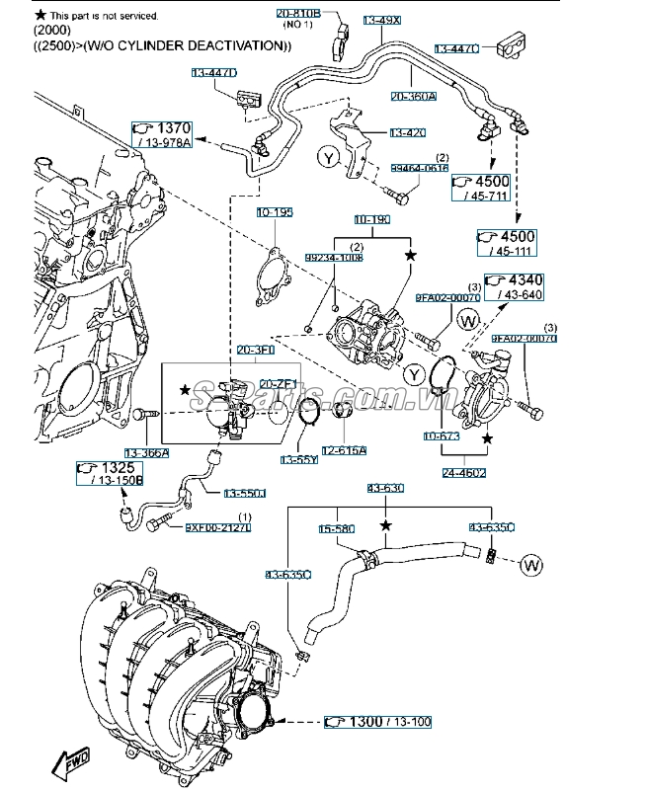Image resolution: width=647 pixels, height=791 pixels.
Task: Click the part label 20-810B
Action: pyautogui.click(x=298, y=13)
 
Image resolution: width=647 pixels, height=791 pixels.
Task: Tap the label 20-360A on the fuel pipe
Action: pyautogui.click(x=415, y=96)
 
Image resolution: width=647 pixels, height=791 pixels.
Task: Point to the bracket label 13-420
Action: pyautogui.click(x=407, y=132)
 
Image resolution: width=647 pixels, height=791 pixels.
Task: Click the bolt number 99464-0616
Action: pyautogui.click(x=419, y=169)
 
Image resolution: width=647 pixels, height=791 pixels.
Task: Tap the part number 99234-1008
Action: pyautogui.click(x=333, y=258)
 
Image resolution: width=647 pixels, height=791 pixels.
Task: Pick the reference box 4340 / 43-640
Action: pyautogui.click(x=515, y=287)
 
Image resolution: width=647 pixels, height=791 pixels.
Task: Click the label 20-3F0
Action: pyautogui.click(x=255, y=350)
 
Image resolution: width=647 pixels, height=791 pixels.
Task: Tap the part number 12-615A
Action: pyautogui.click(x=345, y=450)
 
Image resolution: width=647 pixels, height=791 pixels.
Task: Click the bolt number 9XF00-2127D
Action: pyautogui.click(x=218, y=527)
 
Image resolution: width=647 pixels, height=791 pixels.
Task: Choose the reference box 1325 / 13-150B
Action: pyautogui.click(x=110, y=473)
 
